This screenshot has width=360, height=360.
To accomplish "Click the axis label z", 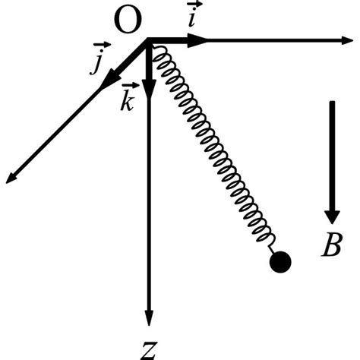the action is click(150, 348).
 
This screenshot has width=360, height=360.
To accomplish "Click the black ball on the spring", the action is click(280, 262).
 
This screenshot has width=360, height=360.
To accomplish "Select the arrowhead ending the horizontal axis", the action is click(351, 39).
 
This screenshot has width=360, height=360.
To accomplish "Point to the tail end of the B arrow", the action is click(332, 103).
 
